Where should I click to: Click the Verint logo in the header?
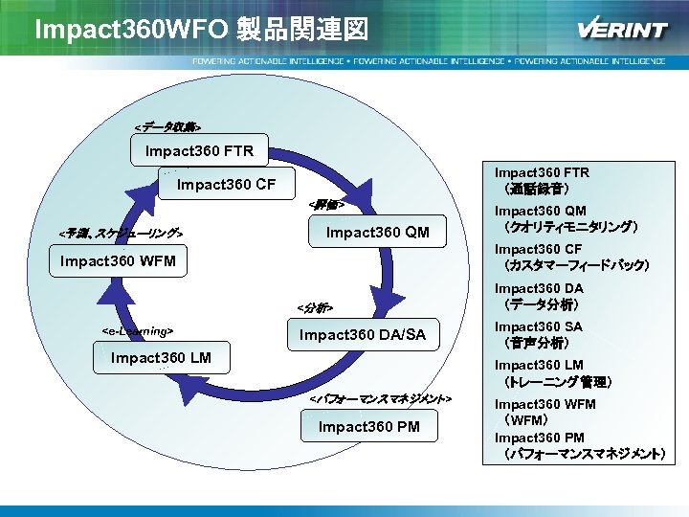coord(622,30)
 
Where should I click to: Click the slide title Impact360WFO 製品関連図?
coord(200,30)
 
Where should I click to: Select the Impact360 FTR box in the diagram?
coord(199,151)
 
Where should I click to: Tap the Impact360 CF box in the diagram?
coord(227,184)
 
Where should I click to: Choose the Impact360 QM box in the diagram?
coord(378,233)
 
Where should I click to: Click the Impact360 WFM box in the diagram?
coord(118,261)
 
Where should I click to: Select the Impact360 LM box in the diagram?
coord(161,359)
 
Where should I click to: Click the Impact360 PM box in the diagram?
coord(368,426)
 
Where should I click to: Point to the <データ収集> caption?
coord(167,126)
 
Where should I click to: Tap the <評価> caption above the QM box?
coord(325,205)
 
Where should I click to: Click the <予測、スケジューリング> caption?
coord(121,234)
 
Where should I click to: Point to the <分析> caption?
coord(315,308)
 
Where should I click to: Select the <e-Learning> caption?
coord(137,330)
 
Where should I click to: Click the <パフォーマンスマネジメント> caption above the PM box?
coord(380,397)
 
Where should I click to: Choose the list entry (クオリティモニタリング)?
coord(570,228)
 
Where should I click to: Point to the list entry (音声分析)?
coord(537,343)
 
